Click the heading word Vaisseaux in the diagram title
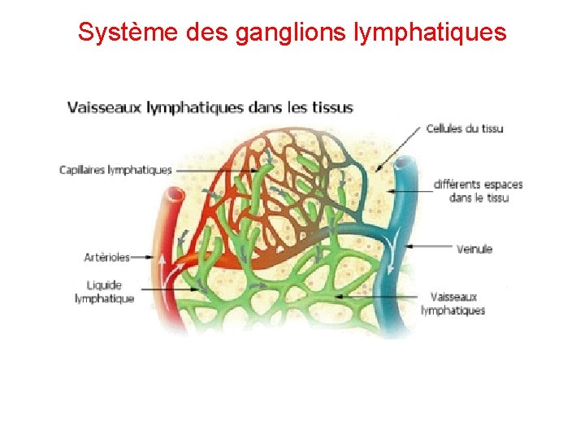coord(105,107)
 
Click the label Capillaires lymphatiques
coord(115,170)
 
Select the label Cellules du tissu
coord(466,128)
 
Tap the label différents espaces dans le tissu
coord(478,191)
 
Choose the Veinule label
coord(474,249)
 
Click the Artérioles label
coord(106,257)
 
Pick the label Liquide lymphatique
coord(104,291)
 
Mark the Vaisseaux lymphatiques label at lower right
coord(453,303)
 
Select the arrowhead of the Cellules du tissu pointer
coord(377,169)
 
